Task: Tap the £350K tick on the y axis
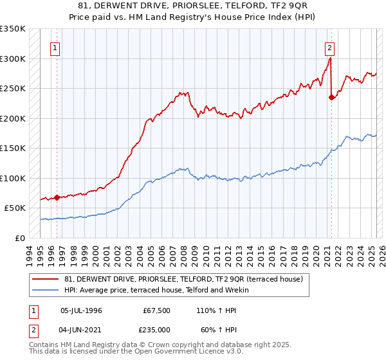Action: tap(13, 29)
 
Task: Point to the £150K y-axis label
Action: tap(13, 148)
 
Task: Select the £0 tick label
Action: tap(19, 238)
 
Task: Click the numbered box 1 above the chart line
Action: tap(55, 47)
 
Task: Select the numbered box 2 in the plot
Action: tap(329, 47)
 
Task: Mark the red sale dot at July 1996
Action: tap(57, 197)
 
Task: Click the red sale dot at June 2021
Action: tap(331, 98)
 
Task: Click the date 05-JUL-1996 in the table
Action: tap(82, 310)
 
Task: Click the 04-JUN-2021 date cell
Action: tap(82, 329)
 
